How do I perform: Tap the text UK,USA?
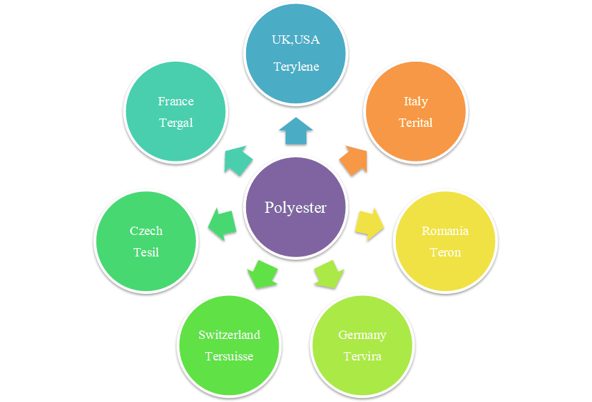(x=296, y=40)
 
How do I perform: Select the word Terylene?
(x=296, y=67)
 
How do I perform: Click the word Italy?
(x=415, y=101)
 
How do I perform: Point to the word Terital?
(x=415, y=123)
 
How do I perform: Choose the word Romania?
(x=445, y=231)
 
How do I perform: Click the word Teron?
(x=445, y=252)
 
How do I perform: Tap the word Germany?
(x=362, y=335)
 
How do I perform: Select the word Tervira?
(x=362, y=356)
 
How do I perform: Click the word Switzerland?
(x=229, y=335)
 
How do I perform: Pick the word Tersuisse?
(x=229, y=356)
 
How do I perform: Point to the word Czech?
(x=146, y=231)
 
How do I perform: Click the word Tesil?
(x=146, y=252)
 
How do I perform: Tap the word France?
(x=175, y=101)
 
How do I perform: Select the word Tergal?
(x=175, y=123)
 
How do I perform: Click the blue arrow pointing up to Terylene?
(x=296, y=131)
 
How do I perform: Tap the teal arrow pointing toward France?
(x=238, y=160)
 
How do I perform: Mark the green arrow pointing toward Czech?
(x=223, y=224)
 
